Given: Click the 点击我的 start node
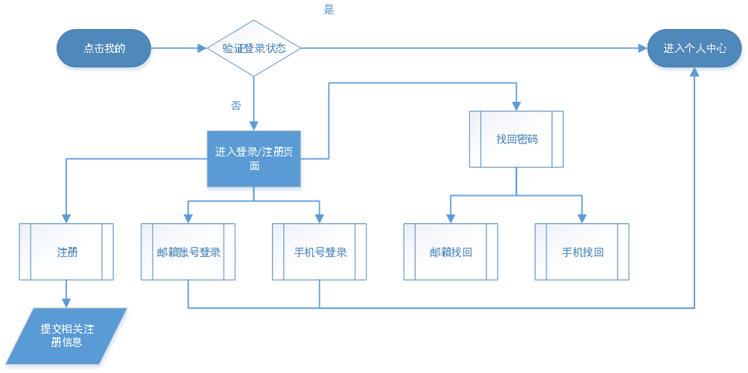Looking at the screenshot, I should pyautogui.click(x=104, y=48).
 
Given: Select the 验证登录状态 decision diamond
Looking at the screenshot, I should pyautogui.click(x=254, y=48).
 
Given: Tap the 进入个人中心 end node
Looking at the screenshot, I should pyautogui.click(x=694, y=48).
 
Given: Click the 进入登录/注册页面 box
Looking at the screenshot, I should pyautogui.click(x=255, y=158).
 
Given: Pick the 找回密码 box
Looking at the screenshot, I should pyautogui.click(x=516, y=140).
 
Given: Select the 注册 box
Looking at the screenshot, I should pyautogui.click(x=67, y=252).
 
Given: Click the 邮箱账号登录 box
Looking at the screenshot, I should pyautogui.click(x=188, y=252).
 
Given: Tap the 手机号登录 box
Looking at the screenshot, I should pyautogui.click(x=320, y=252).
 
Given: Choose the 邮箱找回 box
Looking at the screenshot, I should pyautogui.click(x=451, y=252).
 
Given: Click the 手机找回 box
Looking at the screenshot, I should pyautogui.click(x=582, y=252).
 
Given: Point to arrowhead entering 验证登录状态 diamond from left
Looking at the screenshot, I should pyautogui.click(x=201, y=48).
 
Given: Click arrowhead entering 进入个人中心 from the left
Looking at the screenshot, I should pyautogui.click(x=640, y=48).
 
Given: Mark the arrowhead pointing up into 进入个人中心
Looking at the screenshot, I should pyautogui.click(x=694, y=75).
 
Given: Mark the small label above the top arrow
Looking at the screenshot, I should pyautogui.click(x=328, y=9).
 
